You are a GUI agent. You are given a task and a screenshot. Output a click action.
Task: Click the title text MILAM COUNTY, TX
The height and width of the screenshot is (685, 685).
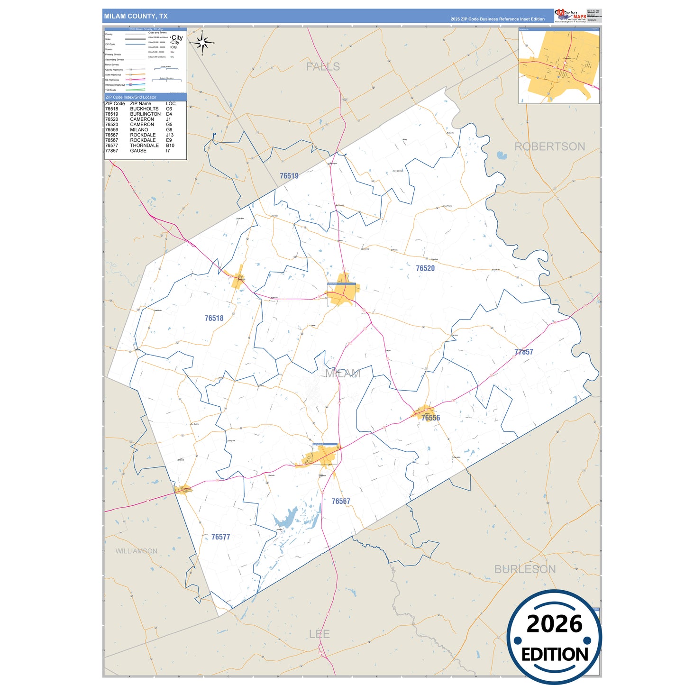(136, 16)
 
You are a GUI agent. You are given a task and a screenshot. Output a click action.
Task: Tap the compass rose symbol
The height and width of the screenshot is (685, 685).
(203, 44)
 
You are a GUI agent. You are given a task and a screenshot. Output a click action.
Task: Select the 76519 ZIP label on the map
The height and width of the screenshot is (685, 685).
(289, 176)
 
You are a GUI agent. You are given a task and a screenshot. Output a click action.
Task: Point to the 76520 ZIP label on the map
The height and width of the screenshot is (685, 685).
(425, 268)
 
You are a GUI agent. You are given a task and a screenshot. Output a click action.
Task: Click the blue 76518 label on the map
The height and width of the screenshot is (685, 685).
(214, 319)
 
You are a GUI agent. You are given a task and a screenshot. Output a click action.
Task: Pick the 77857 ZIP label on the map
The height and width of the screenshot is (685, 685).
(523, 352)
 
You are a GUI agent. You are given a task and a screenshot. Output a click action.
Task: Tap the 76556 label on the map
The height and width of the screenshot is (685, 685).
(430, 418)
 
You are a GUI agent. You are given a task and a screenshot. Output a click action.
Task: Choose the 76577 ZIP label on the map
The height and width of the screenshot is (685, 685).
(220, 537)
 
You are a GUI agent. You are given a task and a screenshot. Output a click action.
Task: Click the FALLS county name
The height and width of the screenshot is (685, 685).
(323, 67)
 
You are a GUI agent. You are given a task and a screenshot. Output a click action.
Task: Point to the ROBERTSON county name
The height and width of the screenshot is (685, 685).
(549, 146)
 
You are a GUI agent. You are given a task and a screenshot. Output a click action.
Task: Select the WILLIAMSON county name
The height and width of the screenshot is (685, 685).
(136, 551)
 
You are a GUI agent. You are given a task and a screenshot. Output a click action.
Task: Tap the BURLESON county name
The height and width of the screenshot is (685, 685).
(525, 569)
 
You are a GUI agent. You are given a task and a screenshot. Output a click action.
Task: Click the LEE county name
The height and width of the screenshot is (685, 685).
(319, 634)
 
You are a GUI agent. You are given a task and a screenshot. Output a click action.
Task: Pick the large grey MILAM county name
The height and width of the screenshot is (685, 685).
(342, 374)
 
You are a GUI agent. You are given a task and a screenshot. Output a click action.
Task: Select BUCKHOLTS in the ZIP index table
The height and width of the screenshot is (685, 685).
(144, 109)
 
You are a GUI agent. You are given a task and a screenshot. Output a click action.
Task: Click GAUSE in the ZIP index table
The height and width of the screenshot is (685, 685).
(138, 151)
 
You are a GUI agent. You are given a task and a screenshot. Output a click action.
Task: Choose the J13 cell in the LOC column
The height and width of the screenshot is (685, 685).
(170, 135)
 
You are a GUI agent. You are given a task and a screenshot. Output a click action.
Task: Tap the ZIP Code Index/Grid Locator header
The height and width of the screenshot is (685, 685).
(131, 97)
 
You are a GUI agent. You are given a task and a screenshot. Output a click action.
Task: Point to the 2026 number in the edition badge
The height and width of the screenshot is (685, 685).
(554, 624)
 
